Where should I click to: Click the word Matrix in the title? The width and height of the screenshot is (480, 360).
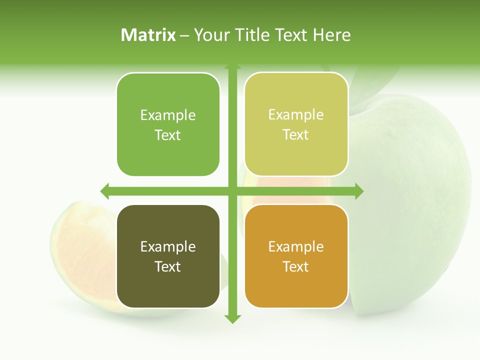click(148, 35)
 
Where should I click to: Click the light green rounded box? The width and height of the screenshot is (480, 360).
click(168, 124)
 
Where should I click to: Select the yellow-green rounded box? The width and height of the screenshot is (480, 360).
click(296, 124)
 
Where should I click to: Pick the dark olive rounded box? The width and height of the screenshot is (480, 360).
click(168, 256)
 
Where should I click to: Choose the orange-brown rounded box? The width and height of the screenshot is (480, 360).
click(296, 256)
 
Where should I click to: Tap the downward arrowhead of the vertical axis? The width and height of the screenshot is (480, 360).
click(232, 318)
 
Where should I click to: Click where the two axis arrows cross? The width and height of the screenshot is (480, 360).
click(232, 191)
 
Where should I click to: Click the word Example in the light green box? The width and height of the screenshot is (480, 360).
click(168, 115)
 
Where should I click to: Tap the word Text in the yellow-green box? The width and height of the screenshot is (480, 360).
click(296, 135)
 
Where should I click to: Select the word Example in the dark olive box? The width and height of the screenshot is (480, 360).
click(168, 246)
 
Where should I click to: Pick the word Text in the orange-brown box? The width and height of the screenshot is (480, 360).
click(296, 267)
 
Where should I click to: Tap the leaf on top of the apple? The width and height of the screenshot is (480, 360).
click(370, 85)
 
